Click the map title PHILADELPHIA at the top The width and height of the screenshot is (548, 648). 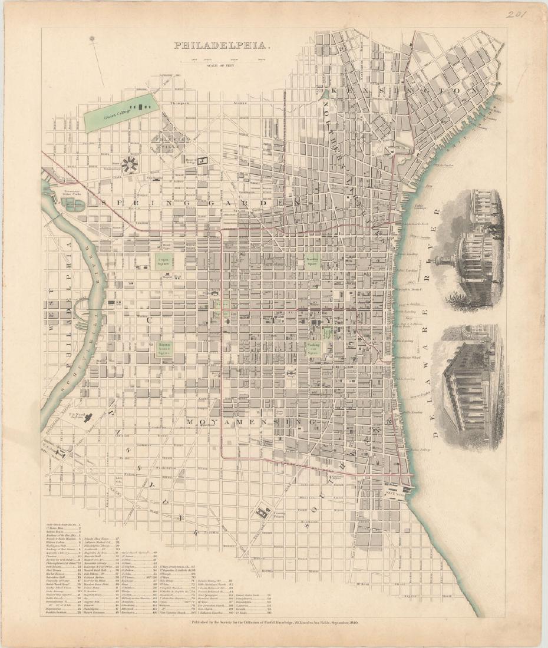pos(222,45)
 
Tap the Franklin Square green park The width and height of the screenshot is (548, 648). pos(312,261)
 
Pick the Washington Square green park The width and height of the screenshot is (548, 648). pos(312,348)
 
